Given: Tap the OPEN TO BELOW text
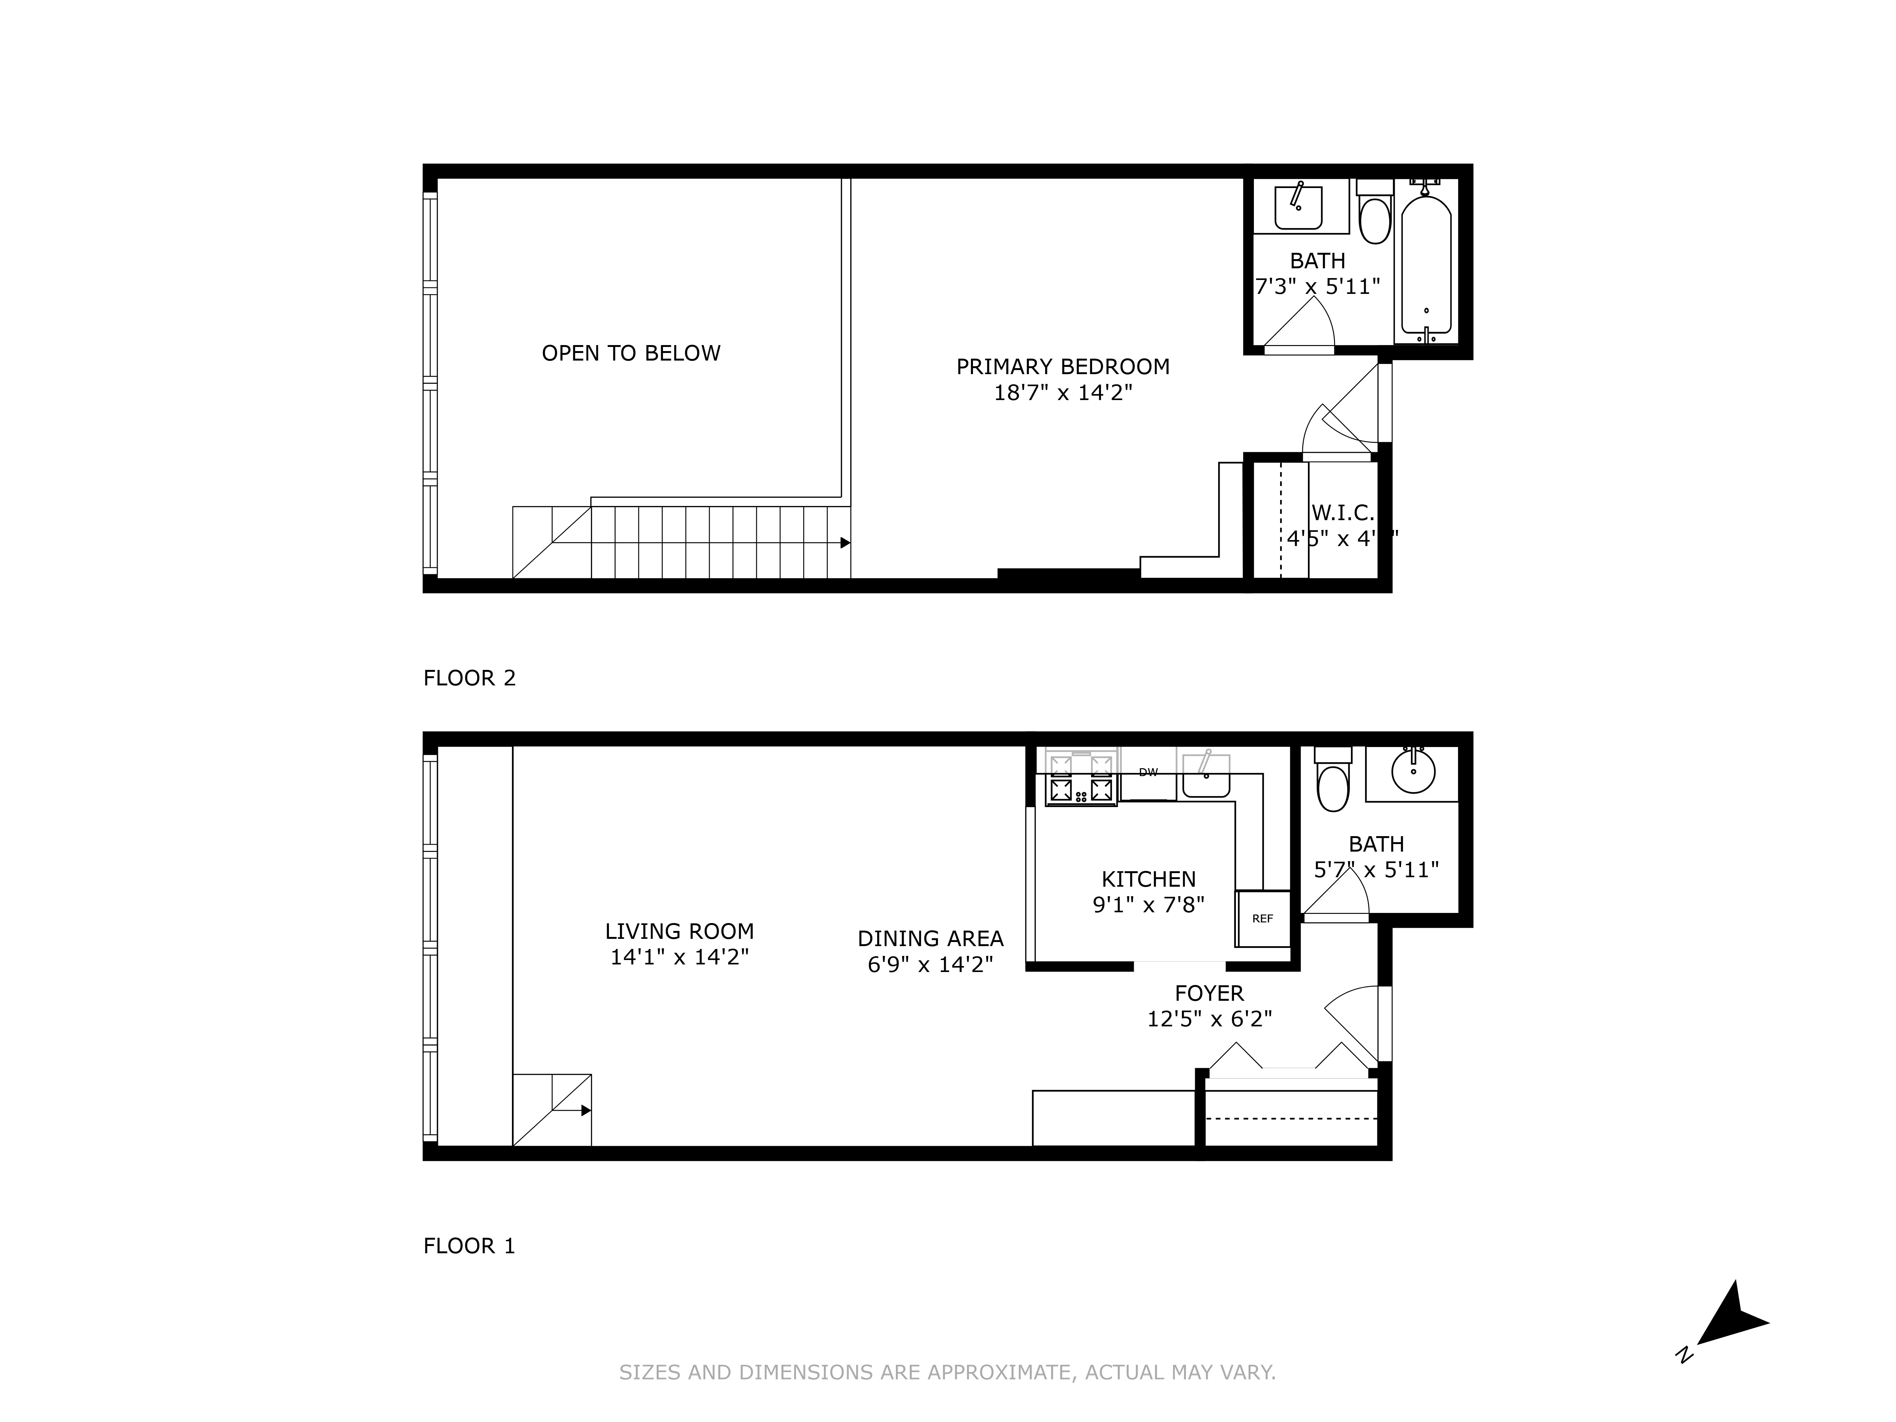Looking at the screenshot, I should click(631, 353).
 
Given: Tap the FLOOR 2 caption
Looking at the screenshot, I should click(470, 678).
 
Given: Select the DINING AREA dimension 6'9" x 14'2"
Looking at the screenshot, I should click(930, 964).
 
